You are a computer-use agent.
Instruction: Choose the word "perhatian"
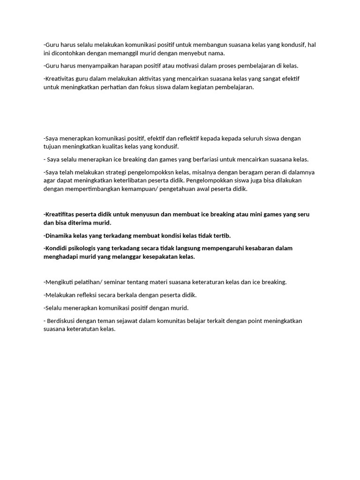click(x=114, y=87)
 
